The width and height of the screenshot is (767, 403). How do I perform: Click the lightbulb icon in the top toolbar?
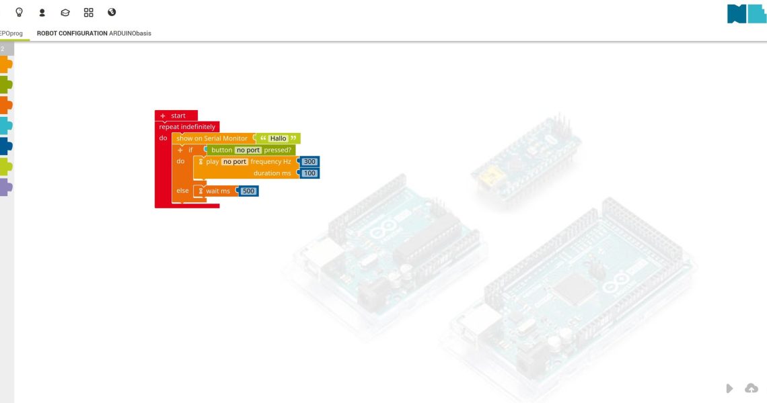tap(19, 12)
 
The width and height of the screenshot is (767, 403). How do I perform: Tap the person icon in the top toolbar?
tap(42, 12)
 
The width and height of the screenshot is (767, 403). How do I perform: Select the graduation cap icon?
tap(65, 12)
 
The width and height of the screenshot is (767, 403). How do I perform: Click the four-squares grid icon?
tap(88, 12)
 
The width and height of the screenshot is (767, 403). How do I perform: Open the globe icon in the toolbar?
tap(112, 12)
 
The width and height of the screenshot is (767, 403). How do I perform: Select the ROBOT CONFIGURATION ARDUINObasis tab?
tap(94, 33)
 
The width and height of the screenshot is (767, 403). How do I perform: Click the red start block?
tap(176, 116)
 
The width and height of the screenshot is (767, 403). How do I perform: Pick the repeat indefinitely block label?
tap(187, 126)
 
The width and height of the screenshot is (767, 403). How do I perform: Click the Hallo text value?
tap(279, 138)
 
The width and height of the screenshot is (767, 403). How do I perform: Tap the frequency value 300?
tap(309, 162)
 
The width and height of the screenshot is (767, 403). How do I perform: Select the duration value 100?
tap(309, 173)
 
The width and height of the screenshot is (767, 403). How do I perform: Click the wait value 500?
tap(249, 191)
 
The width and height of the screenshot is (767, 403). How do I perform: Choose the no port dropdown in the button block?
tap(248, 150)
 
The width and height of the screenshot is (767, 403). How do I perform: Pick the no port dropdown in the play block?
tap(235, 162)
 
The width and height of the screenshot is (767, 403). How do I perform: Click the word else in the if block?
tap(182, 191)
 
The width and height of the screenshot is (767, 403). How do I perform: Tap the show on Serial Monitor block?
tap(211, 138)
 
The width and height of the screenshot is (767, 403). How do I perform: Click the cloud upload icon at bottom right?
tap(751, 388)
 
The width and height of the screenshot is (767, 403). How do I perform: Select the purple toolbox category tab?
tap(6, 187)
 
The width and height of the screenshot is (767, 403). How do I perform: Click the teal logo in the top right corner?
tap(746, 13)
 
